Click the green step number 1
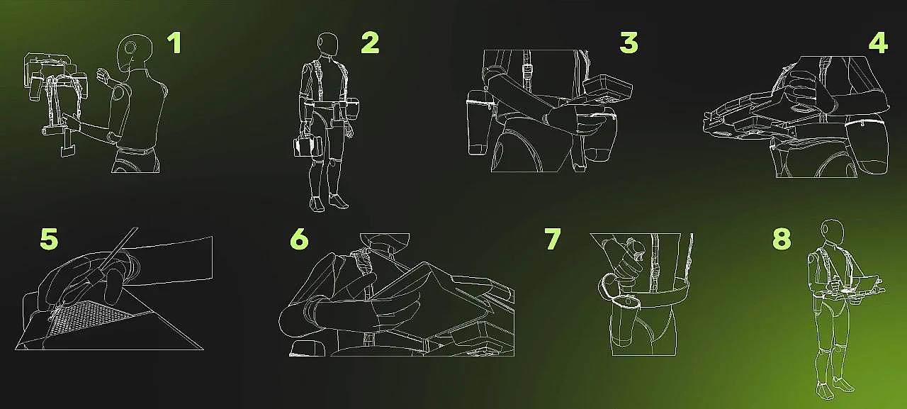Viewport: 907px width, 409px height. (174, 43)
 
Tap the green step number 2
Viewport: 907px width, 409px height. (370, 43)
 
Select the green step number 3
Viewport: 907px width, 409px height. (629, 43)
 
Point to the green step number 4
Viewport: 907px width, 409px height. (878, 43)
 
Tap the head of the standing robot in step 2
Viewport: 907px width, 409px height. (327, 44)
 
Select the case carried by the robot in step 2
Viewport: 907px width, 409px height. (308, 147)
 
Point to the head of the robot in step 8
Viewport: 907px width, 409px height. (833, 231)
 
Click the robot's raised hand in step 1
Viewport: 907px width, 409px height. (103, 76)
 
